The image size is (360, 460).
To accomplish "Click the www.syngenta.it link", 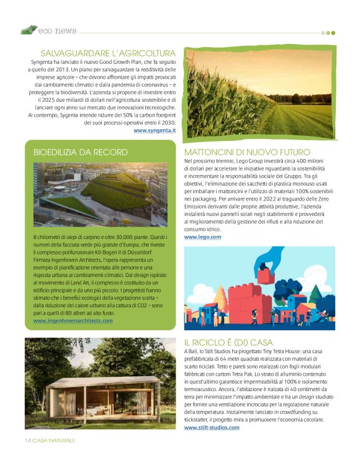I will point(155,130).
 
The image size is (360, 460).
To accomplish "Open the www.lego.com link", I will point(202,237).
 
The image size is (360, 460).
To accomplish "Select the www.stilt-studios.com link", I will point(211,428).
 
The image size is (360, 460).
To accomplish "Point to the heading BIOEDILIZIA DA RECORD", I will point(80,152).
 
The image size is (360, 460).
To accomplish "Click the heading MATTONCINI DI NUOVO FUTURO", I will point(247,152).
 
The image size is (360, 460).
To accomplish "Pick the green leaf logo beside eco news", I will point(29,30).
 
